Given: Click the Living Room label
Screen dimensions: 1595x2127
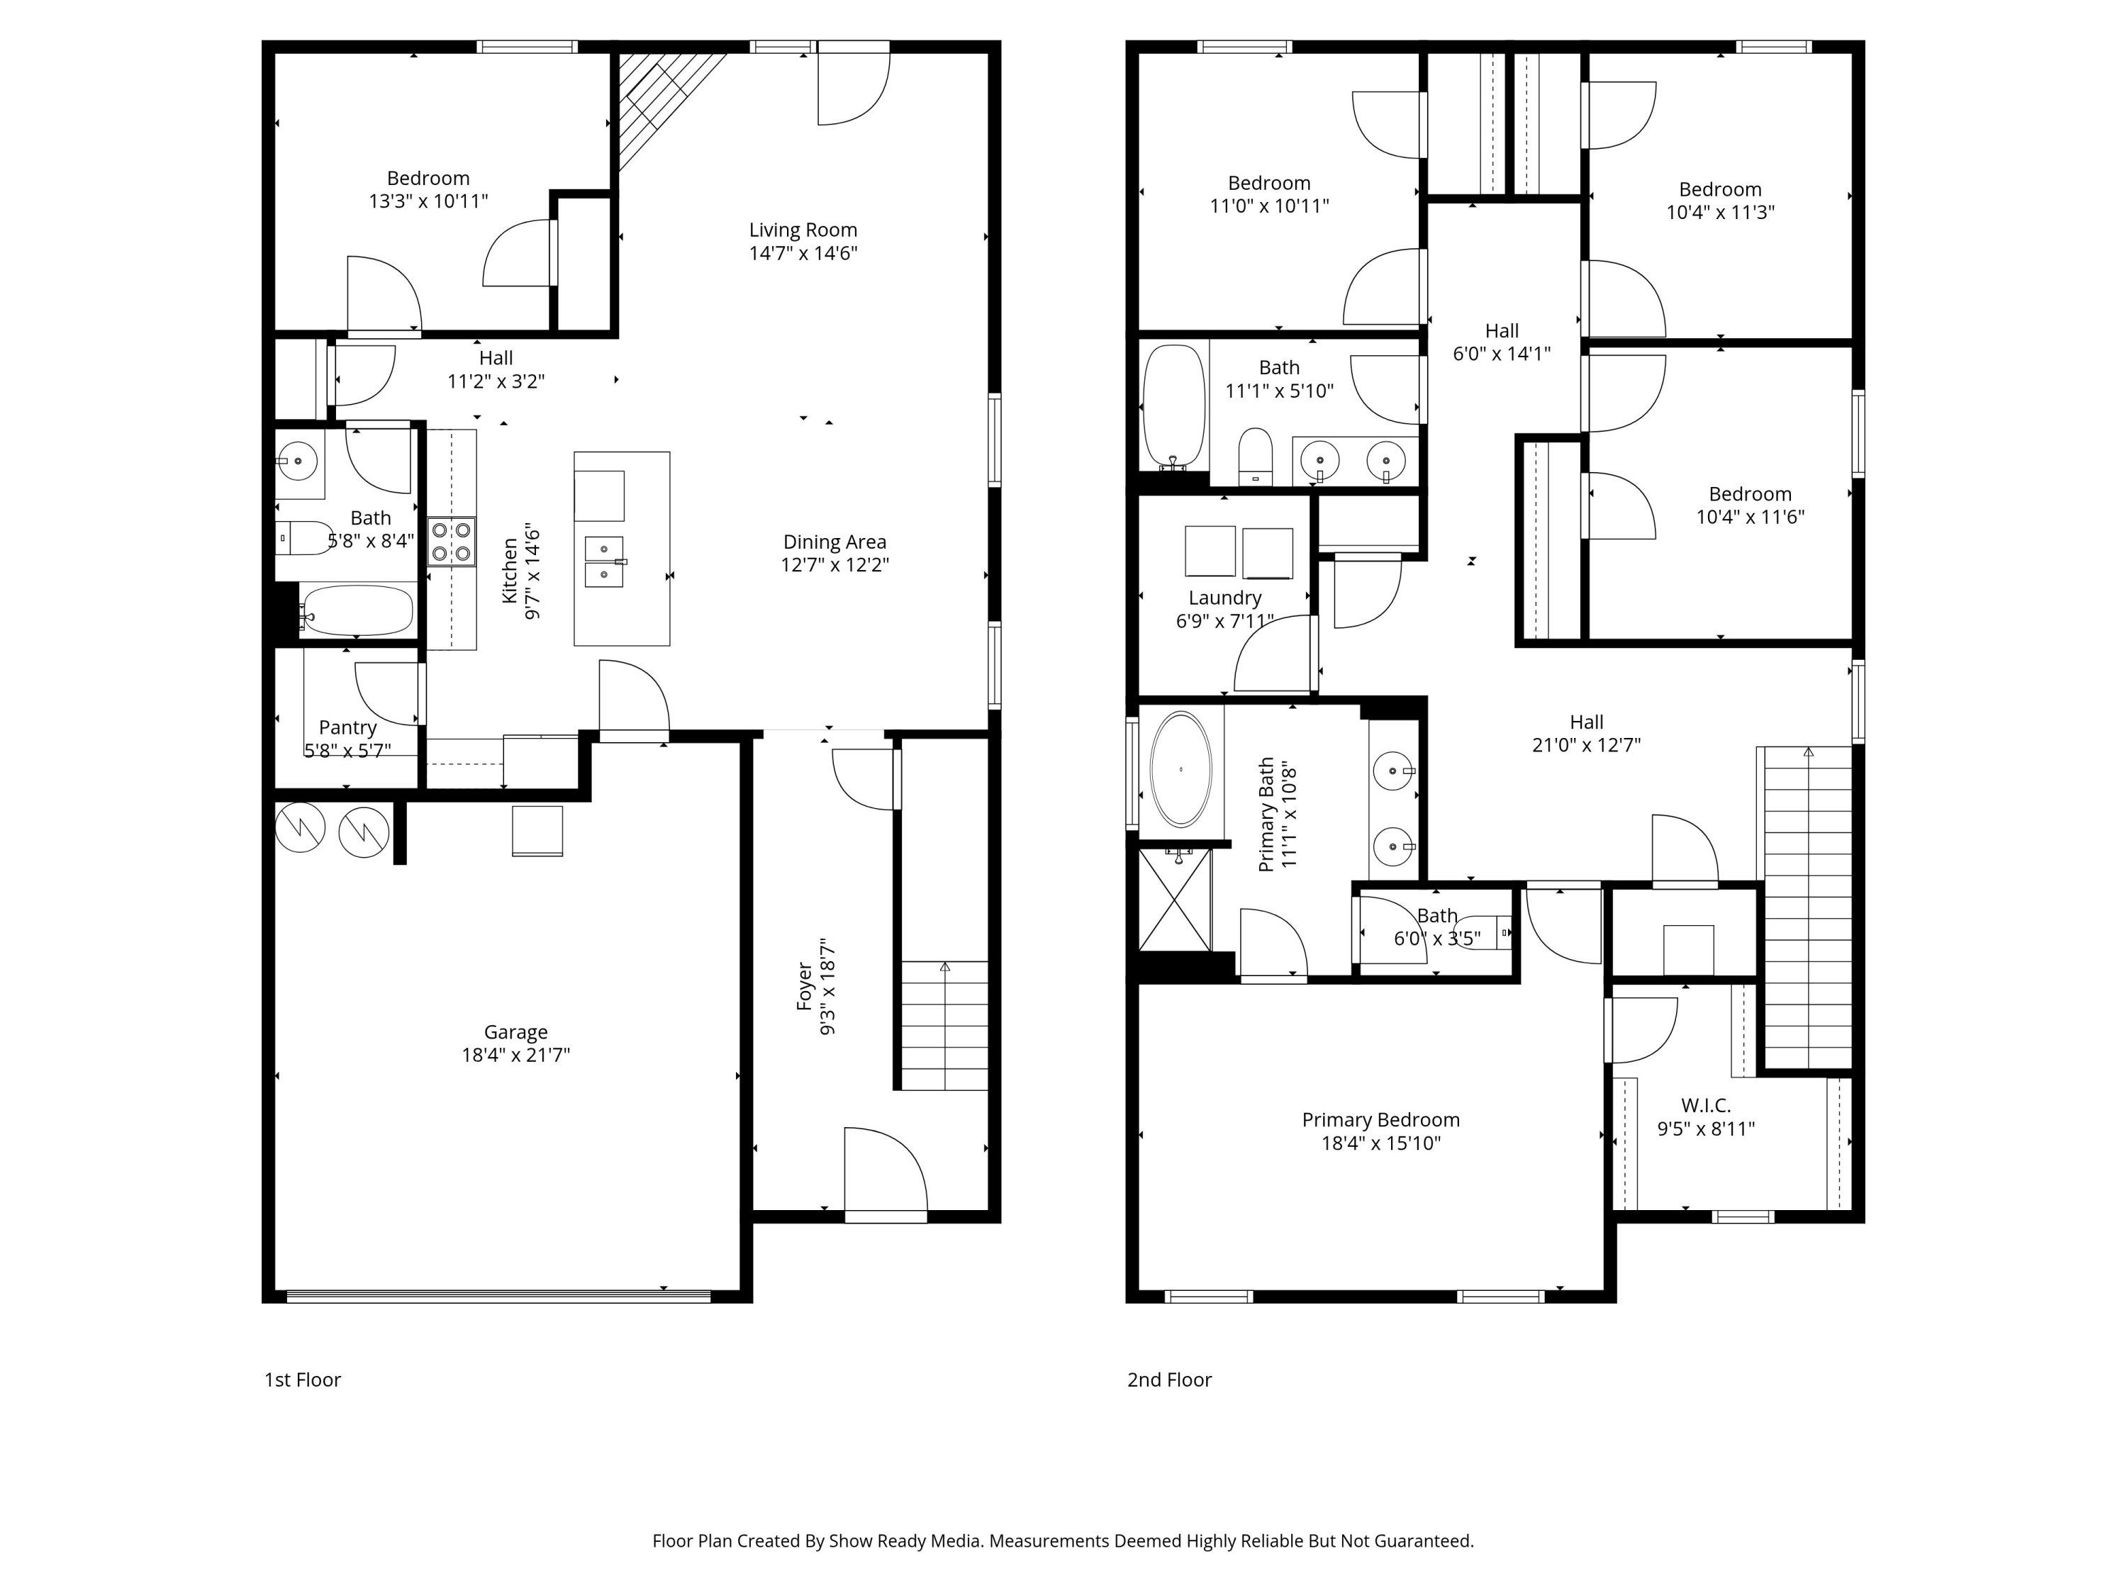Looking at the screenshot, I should [803, 230].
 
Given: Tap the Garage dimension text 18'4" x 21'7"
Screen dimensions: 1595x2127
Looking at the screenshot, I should [515, 1055].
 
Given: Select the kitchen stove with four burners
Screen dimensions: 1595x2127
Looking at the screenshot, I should [451, 542].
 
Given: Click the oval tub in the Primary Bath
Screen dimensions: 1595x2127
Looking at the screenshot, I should [1180, 769].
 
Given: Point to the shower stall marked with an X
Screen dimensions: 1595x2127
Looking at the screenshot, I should [1174, 900].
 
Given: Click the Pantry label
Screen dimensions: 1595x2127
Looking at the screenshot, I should [347, 728].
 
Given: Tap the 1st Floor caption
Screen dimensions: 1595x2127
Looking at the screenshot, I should [302, 1379].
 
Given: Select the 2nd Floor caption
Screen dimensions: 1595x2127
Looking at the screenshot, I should [1168, 1379].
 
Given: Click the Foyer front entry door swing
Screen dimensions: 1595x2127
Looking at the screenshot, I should [885, 1173].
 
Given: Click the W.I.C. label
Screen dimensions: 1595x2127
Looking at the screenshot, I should [1705, 1106].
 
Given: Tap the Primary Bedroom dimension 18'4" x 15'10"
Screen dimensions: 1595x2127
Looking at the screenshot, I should [1381, 1143].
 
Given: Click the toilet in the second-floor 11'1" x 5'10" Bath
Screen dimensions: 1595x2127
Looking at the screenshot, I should [1255, 457].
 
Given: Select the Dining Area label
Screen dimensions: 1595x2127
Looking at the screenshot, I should [834, 542].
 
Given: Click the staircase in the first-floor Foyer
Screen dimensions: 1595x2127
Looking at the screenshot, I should [944, 1026].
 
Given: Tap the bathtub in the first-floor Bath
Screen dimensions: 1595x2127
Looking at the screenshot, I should [357, 610].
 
